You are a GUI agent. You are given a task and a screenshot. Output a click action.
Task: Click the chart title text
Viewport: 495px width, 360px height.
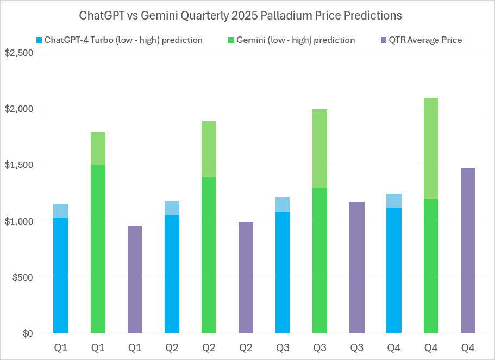click(241, 15)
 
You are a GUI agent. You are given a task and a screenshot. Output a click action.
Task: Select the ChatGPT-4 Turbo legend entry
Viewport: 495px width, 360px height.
click(123, 40)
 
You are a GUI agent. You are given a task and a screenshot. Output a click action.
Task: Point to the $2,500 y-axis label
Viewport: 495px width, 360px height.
click(18, 53)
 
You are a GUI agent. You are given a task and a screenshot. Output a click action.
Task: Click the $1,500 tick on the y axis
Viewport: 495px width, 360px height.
click(18, 165)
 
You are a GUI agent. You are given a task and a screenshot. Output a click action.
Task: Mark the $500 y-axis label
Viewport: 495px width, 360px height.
click(22, 277)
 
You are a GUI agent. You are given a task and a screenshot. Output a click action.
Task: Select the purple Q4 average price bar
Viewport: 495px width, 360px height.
click(468, 250)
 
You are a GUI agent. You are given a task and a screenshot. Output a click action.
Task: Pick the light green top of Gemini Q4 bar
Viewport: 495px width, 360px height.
click(431, 148)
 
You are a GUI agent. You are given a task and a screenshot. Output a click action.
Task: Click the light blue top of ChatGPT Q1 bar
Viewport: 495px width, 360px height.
click(61, 211)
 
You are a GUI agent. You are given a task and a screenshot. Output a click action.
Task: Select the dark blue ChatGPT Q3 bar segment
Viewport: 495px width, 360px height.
click(283, 272)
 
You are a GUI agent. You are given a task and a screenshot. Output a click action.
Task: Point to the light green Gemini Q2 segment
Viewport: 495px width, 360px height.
click(209, 148)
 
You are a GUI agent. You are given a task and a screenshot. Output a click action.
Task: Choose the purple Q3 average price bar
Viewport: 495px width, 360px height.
click(357, 267)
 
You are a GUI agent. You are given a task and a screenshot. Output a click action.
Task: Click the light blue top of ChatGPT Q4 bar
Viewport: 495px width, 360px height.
click(394, 201)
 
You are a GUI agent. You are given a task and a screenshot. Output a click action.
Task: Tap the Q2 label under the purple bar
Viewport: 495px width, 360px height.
click(246, 346)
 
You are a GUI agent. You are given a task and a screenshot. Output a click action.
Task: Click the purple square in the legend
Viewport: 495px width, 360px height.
click(383, 40)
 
